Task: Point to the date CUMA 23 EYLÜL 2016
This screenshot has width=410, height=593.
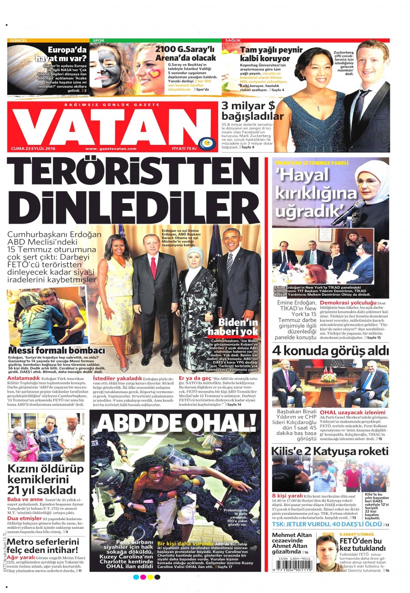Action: point(32,148)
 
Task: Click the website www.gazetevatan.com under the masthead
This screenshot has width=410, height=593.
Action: point(111,148)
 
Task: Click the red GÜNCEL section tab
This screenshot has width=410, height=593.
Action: point(18,41)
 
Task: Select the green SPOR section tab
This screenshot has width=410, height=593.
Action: point(98,41)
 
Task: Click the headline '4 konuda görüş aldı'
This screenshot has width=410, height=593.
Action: point(330,350)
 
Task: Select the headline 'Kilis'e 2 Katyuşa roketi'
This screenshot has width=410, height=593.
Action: point(330,451)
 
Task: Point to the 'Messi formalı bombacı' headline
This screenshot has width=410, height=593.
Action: point(56,350)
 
